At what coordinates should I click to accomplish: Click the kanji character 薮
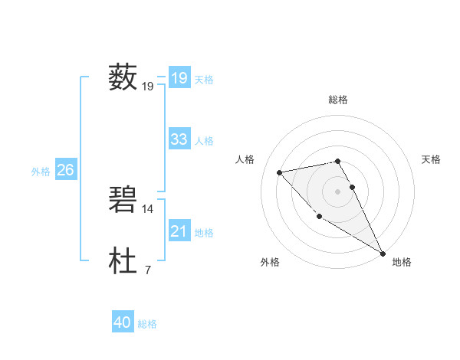(123, 77)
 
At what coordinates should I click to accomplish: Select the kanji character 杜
(123, 261)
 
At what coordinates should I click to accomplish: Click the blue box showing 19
(179, 78)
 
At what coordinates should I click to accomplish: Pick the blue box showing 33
(179, 139)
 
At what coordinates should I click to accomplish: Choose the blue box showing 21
(179, 231)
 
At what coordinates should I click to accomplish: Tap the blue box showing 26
(65, 170)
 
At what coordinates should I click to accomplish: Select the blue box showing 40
(123, 323)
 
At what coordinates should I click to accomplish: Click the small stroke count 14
(148, 208)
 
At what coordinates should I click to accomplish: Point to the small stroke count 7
(147, 270)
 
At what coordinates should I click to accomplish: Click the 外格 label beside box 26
(41, 172)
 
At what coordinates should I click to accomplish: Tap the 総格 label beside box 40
(147, 325)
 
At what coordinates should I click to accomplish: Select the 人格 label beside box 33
(204, 141)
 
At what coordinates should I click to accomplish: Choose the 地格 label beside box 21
(204, 233)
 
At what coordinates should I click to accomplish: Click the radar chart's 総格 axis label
(338, 100)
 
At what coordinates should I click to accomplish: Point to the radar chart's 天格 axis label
(431, 159)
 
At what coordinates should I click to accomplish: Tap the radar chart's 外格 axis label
(270, 263)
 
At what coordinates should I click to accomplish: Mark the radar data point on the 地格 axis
(383, 253)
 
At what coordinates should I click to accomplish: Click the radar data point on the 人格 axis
(280, 172)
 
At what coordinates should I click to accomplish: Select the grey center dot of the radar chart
(337, 191)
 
